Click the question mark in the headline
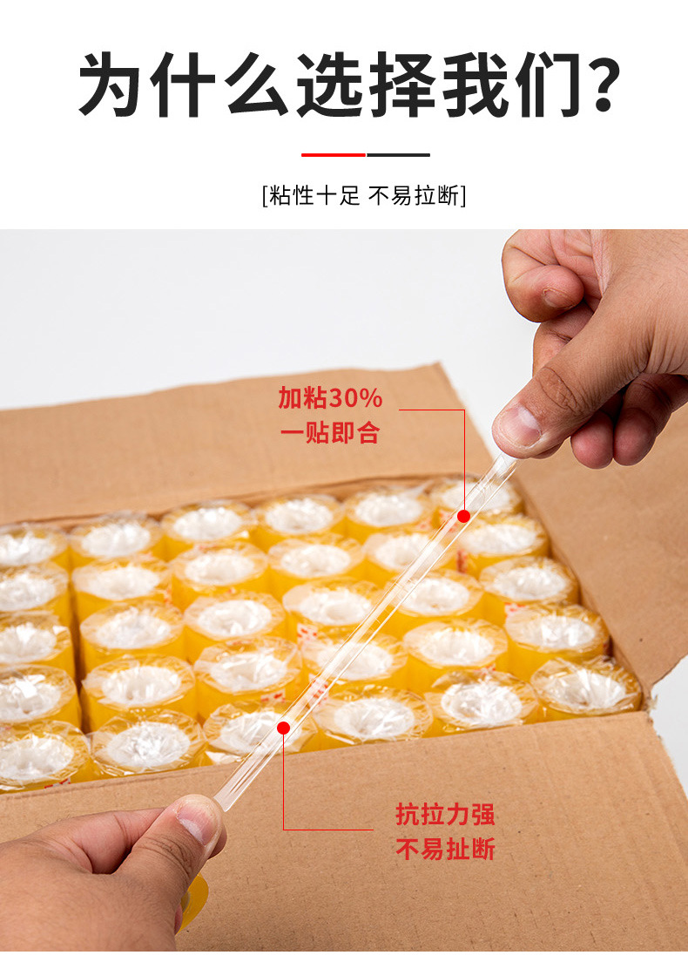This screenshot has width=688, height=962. pyautogui.click(x=598, y=85)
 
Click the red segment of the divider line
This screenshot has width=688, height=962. pyautogui.click(x=334, y=154)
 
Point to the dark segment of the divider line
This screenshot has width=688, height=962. pyautogui.click(x=398, y=154)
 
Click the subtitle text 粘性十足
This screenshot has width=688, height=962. pyautogui.click(x=314, y=196)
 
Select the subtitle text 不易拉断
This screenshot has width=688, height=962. pyautogui.click(x=414, y=196)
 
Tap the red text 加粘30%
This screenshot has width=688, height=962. pyautogui.click(x=331, y=398)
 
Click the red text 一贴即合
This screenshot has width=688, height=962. pyautogui.click(x=331, y=433)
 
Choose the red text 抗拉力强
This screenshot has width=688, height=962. pyautogui.click(x=445, y=815)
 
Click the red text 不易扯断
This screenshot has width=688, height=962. pyautogui.click(x=445, y=850)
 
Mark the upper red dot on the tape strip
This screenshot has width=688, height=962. pyautogui.click(x=463, y=516)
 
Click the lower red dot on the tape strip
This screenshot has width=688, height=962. pyautogui.click(x=283, y=728)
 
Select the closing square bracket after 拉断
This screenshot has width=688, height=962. pyautogui.click(x=463, y=196)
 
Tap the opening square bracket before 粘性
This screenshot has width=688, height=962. pyautogui.click(x=265, y=196)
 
